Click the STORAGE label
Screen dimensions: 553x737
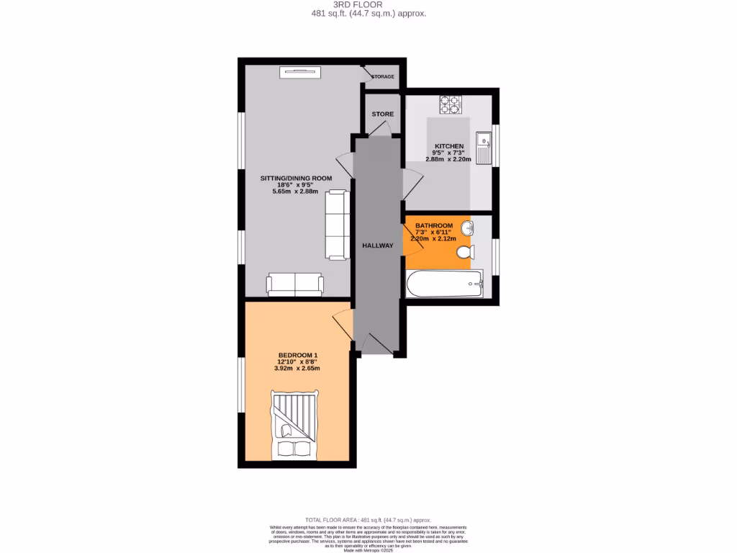pyautogui.click(x=383, y=76)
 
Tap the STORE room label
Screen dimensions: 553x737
pyautogui.click(x=382, y=114)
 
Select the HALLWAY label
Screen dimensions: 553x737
pyautogui.click(x=378, y=246)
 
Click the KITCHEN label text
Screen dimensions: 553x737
pyautogui.click(x=448, y=146)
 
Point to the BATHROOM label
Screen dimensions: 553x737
pyautogui.click(x=433, y=225)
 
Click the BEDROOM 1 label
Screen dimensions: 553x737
pyautogui.click(x=298, y=355)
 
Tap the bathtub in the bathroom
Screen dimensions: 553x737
pyautogui.click(x=444, y=284)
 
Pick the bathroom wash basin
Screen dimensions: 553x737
pyautogui.click(x=466, y=229)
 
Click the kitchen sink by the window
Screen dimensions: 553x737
pyautogui.click(x=483, y=147)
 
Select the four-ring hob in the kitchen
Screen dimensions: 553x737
pyautogui.click(x=451, y=106)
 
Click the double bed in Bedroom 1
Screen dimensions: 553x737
pyautogui.click(x=294, y=425)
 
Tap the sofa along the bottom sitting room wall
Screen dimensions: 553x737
pyautogui.click(x=295, y=285)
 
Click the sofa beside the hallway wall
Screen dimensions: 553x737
pyautogui.click(x=336, y=224)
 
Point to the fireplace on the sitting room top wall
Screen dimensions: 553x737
pyautogui.click(x=301, y=71)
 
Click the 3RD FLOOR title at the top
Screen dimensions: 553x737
pyautogui.click(x=368, y=4)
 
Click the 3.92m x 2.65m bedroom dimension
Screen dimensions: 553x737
pyautogui.click(x=297, y=368)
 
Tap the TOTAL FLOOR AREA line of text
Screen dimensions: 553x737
pyautogui.click(x=368, y=520)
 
